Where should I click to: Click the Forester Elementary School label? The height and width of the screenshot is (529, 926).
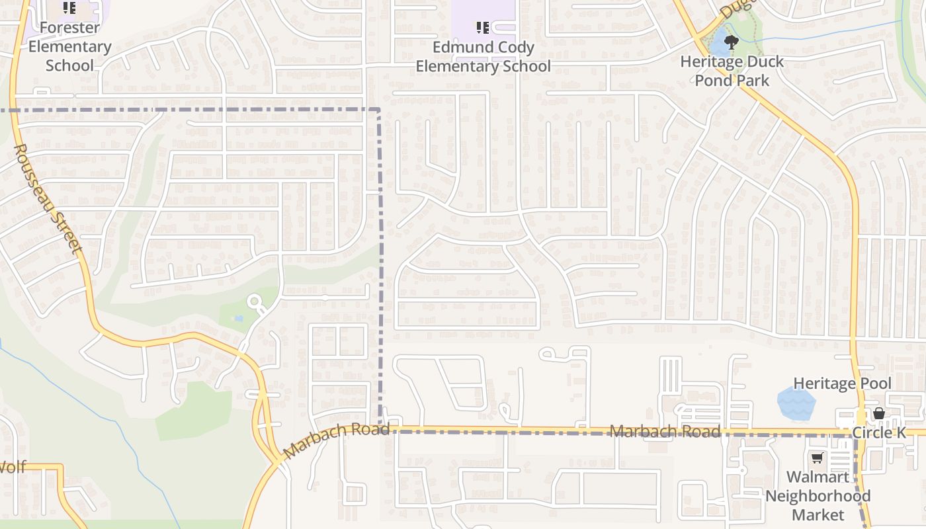click(69, 46)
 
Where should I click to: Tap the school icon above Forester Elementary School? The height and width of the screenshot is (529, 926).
click(69, 9)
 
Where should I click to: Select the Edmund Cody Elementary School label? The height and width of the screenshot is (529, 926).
click(483, 57)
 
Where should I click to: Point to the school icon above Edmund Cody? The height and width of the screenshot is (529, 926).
click(483, 28)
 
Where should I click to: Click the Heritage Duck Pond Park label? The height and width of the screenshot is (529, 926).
click(732, 71)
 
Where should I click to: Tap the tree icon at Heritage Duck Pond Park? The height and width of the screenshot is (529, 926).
click(731, 43)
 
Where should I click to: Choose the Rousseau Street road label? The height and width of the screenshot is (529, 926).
click(48, 198)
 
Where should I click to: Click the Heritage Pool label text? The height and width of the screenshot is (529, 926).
click(842, 384)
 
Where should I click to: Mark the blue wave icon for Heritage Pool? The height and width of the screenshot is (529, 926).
click(796, 403)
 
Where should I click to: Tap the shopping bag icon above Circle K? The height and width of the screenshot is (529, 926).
click(879, 413)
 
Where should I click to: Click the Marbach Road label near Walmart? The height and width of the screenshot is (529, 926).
click(664, 432)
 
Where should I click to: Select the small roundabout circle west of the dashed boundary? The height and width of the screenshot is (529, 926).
click(254, 303)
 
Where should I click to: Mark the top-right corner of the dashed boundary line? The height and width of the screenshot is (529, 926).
click(379, 110)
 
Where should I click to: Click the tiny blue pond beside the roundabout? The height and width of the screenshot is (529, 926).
click(238, 318)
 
